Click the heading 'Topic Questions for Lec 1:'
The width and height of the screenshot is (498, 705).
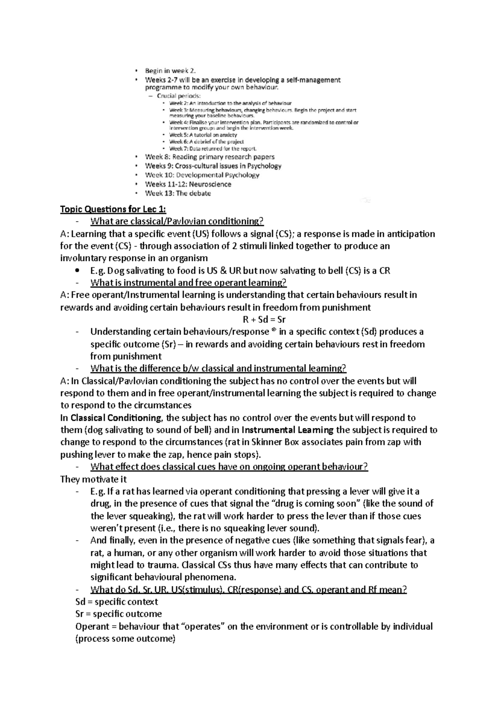[113, 209]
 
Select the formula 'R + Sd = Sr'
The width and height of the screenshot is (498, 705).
[264, 319]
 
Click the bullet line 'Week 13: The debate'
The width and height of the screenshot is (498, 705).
[178, 193]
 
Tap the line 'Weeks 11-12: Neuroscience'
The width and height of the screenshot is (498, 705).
[188, 184]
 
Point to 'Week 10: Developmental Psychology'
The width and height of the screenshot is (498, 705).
[202, 175]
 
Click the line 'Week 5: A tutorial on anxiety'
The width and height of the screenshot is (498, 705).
[203, 135]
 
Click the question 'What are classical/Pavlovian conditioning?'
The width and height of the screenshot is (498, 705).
[177, 221]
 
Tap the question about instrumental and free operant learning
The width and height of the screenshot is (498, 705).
[188, 283]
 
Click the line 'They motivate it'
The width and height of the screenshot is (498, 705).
[93, 479]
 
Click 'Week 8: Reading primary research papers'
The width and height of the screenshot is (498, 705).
[210, 157]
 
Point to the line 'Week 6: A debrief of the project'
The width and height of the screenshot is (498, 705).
[206, 142]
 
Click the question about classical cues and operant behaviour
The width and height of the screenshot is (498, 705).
[229, 467]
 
